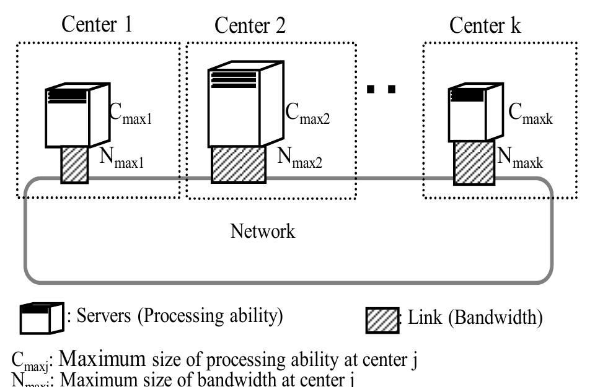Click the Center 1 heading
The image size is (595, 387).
click(x=97, y=24)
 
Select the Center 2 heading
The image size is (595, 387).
click(x=250, y=26)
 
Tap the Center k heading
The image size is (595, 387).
click(x=485, y=25)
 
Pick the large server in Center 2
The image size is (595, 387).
click(x=245, y=104)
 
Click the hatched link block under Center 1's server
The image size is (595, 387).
click(x=74, y=164)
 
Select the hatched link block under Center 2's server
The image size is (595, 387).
click(x=239, y=163)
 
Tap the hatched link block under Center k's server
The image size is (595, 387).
click(x=474, y=163)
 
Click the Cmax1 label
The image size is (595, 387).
click(x=129, y=114)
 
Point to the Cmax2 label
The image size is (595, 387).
click(x=308, y=114)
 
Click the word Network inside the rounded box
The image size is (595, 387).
click(x=263, y=232)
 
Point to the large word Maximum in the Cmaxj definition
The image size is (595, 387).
click(x=103, y=359)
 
